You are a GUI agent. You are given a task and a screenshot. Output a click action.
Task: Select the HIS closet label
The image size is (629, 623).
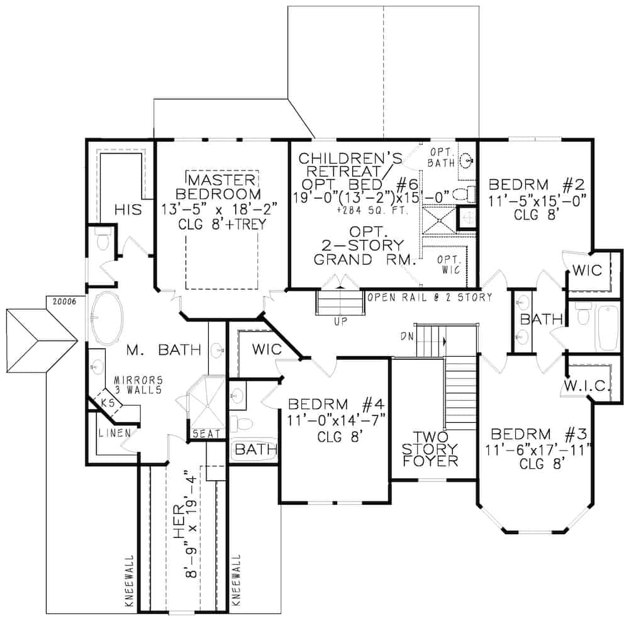pyautogui.click(x=127, y=209)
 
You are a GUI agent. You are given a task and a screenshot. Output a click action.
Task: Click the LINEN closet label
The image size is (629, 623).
pyautogui.click(x=114, y=433)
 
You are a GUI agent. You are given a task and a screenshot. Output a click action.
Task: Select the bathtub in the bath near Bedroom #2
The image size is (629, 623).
pyautogui.click(x=607, y=327)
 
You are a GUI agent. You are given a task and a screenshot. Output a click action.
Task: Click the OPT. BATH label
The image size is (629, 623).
pyautogui.click(x=445, y=157)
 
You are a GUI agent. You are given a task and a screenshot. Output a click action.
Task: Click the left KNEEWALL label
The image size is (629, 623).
pyautogui.click(x=130, y=580)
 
